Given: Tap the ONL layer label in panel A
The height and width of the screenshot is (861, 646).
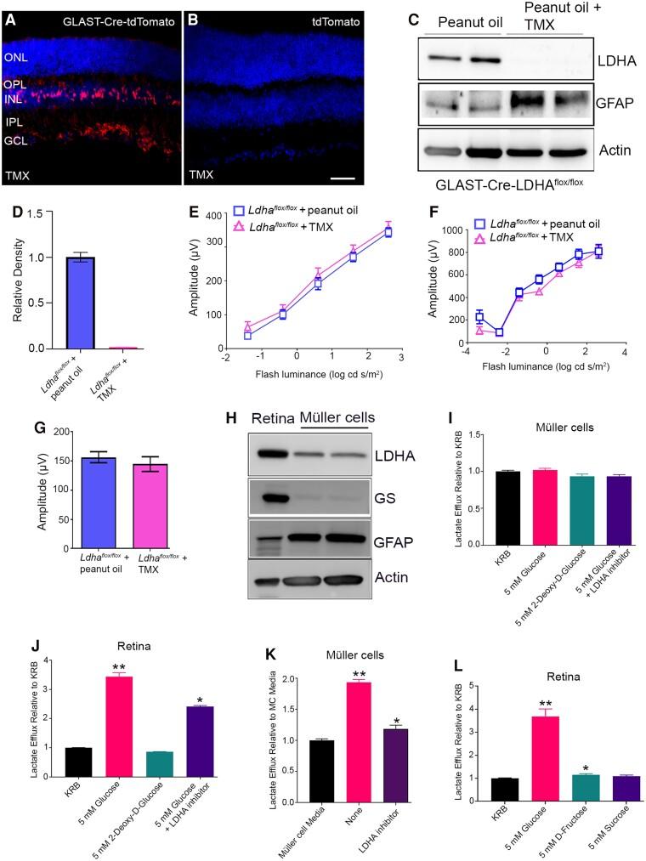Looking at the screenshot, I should click(x=15, y=58).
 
